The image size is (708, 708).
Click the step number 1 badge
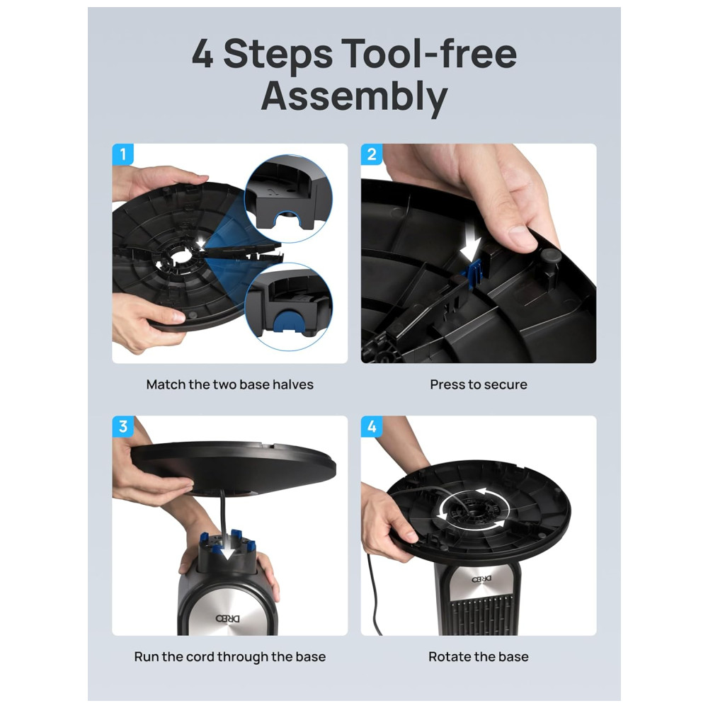(x=122, y=154)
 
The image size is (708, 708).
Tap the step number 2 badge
(x=372, y=154)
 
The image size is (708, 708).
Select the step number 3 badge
(x=122, y=427)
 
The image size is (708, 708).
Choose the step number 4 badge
(x=372, y=427)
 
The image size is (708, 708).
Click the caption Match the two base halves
(x=230, y=384)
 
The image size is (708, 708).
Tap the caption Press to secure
(x=479, y=384)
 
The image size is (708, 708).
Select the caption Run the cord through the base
(x=230, y=656)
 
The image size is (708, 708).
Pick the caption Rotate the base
(x=479, y=656)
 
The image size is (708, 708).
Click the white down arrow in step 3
(x=224, y=551)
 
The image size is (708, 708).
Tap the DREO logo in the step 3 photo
(x=227, y=617)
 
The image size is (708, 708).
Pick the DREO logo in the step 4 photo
(x=479, y=579)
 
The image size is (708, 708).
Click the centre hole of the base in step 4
(x=473, y=512)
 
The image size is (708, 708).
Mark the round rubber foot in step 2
(x=552, y=256)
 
